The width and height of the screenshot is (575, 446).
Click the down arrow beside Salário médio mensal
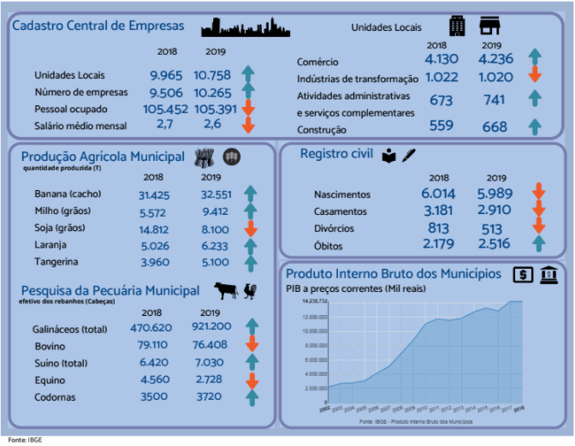click(x=247, y=125)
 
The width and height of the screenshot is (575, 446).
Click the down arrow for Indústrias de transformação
click(x=536, y=74)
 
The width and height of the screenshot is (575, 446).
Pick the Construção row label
click(x=322, y=130)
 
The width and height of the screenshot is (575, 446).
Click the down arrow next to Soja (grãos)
click(x=250, y=229)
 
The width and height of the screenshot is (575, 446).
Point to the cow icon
click(x=226, y=290)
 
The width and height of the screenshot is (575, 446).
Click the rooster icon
click(x=251, y=290)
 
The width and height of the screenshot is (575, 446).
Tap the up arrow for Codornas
click(x=251, y=397)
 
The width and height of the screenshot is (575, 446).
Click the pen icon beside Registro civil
click(x=409, y=156)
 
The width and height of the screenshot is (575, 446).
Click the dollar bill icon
click(x=521, y=274)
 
